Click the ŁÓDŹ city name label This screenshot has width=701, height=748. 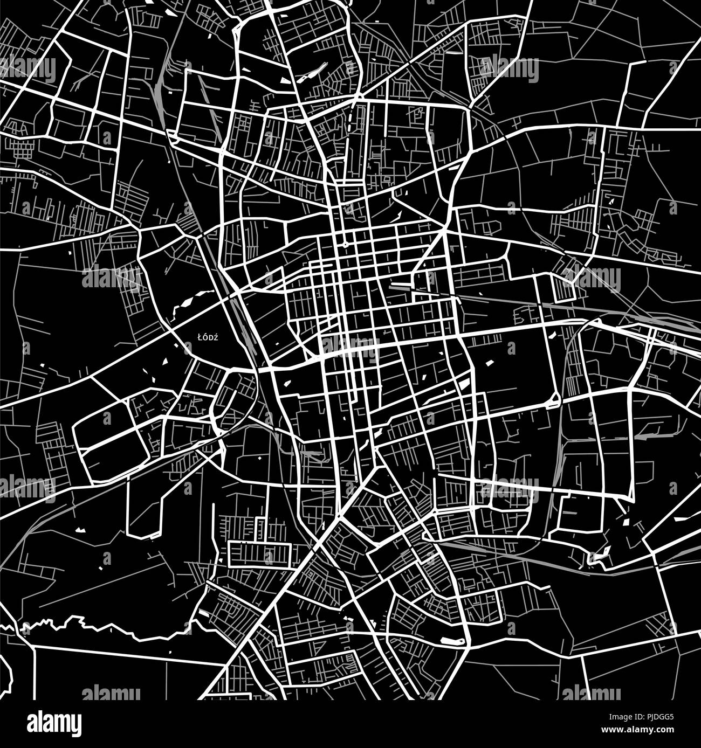tap(207, 337)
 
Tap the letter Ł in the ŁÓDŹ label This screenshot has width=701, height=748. tap(200, 337)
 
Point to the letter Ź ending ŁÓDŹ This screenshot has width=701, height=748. tap(215, 337)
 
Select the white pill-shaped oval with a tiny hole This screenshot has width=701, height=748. tap(452, 641)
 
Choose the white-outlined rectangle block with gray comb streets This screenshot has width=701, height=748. tap(260, 554)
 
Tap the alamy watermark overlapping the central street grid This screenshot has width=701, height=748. tap(349, 345)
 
